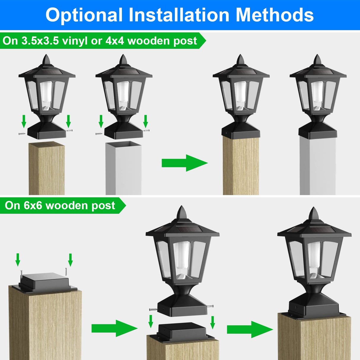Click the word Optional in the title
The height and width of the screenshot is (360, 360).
84,15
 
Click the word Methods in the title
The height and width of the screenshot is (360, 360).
274,15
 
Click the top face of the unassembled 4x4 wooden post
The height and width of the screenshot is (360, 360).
47,145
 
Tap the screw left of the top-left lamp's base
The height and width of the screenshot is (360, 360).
22,134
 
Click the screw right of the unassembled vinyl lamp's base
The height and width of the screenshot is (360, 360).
146,130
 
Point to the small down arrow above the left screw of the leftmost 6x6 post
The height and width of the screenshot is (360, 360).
18,259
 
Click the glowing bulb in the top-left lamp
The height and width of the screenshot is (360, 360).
46,95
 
